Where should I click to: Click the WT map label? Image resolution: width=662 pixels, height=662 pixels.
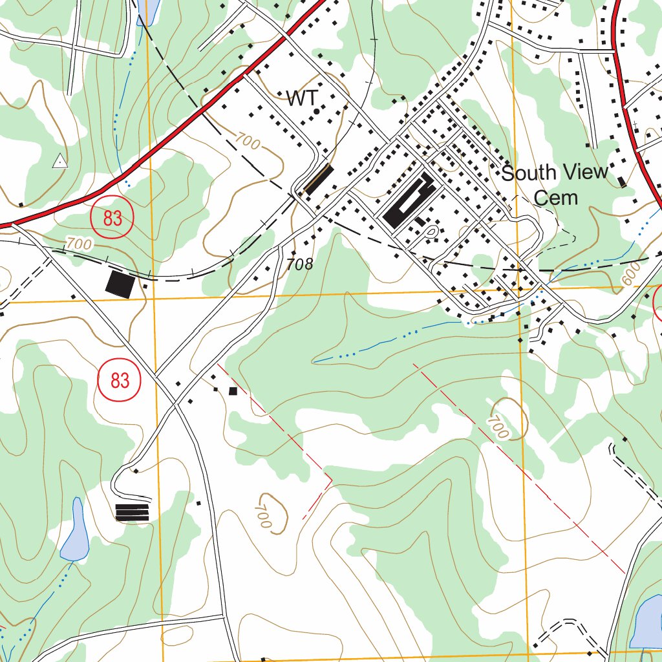click(303, 98)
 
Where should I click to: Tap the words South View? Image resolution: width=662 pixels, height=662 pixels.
click(555, 173)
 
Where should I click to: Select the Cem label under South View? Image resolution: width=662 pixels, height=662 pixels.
click(556, 198)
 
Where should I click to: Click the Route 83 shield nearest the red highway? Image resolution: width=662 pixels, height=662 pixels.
click(112, 217)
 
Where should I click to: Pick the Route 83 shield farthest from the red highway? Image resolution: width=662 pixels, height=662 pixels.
click(119, 380)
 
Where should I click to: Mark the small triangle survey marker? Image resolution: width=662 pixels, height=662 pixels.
click(59, 161)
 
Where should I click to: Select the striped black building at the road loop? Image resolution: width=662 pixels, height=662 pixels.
click(132, 512)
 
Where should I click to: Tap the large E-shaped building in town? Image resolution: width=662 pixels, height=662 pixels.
click(409, 200)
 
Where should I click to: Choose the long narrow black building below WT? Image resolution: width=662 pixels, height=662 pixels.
click(319, 179)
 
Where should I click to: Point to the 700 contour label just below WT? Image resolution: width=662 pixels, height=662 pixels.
click(248, 141)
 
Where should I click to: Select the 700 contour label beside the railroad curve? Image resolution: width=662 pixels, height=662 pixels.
click(79, 244)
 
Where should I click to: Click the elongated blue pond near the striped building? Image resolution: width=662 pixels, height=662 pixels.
click(75, 531)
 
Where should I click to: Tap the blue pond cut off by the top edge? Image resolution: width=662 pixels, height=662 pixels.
click(149, 11)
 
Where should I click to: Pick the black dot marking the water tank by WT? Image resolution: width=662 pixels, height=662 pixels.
click(316, 112)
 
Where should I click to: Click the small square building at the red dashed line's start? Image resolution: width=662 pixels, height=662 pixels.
click(233, 391)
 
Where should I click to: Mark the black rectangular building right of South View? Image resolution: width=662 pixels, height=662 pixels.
click(621, 182)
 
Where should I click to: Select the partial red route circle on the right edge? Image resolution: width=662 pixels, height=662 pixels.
click(659, 304)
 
